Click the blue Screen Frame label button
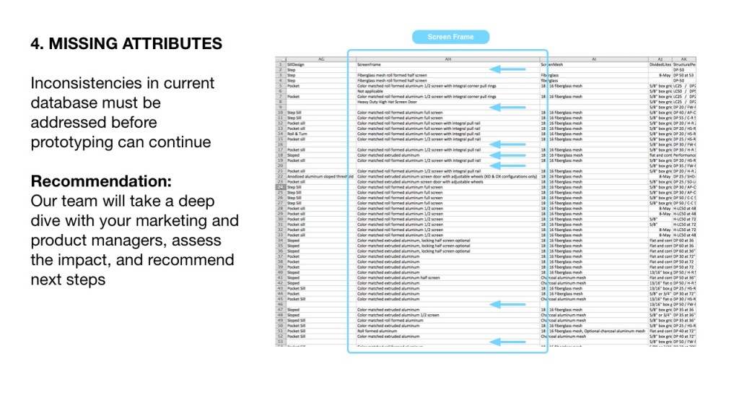point(450,37)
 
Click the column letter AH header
point(448,58)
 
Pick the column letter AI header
point(593,58)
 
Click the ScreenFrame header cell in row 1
point(369,64)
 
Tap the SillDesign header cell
point(297,64)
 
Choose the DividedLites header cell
point(660,64)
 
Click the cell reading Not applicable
point(370,91)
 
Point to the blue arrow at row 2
point(508,69)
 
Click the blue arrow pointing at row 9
point(508,107)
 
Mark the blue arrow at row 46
point(508,304)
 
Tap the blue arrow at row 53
point(508,342)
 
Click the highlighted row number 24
point(280,187)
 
